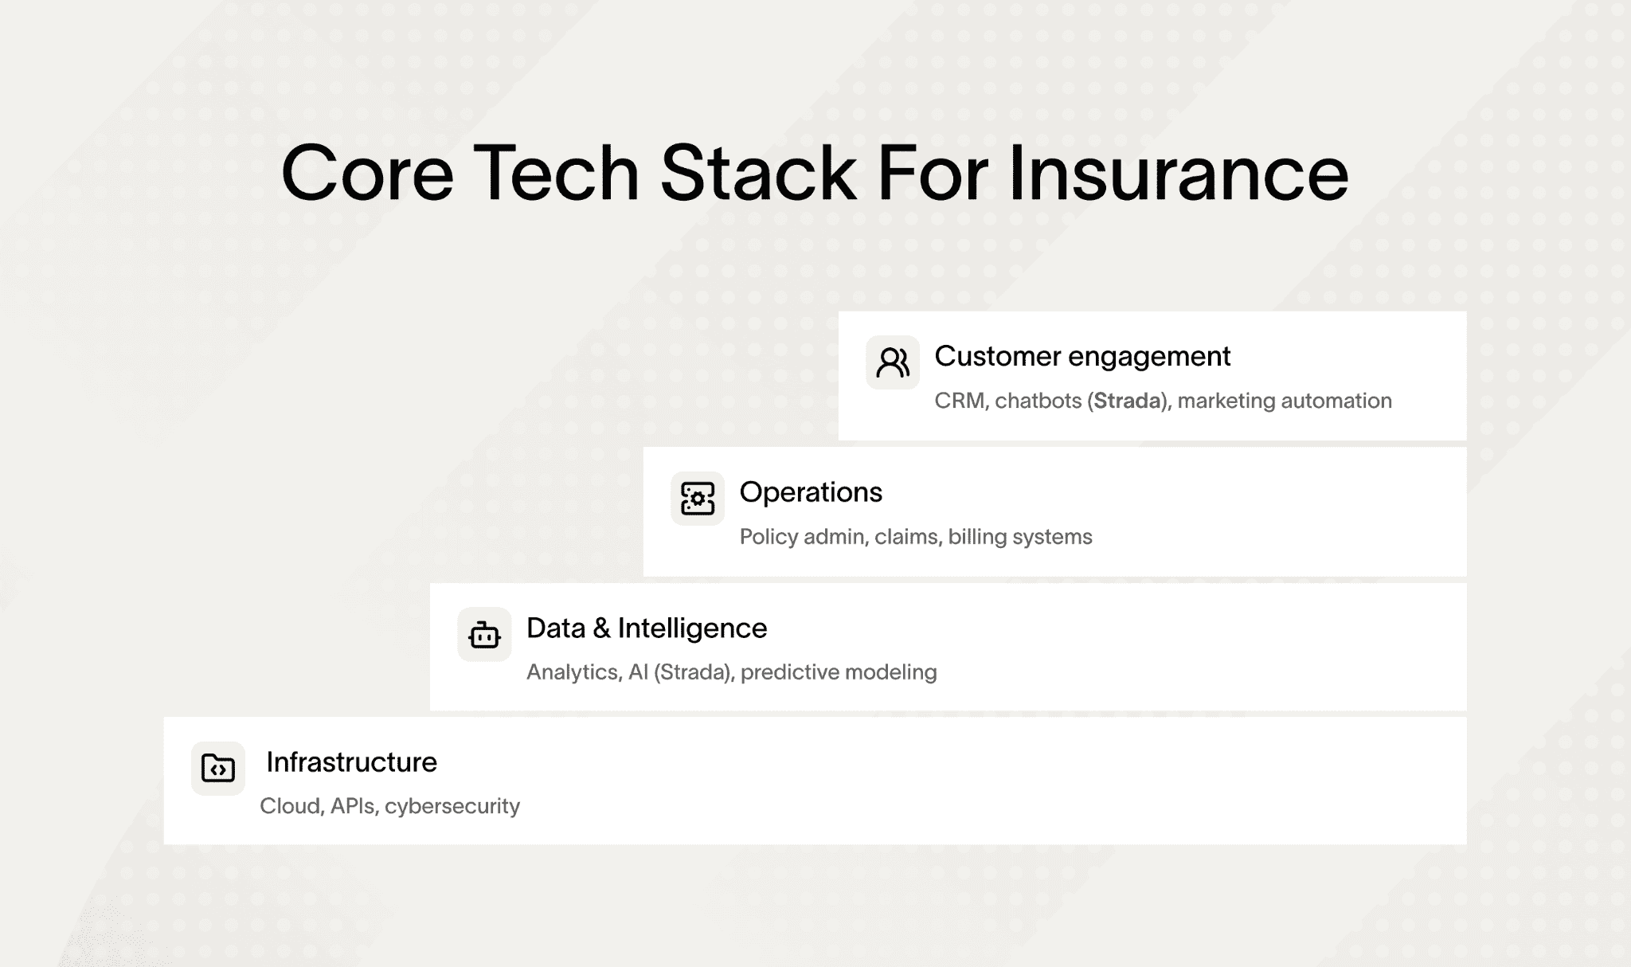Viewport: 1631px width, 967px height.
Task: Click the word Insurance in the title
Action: point(1179,173)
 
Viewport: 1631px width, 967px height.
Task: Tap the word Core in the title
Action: point(368,173)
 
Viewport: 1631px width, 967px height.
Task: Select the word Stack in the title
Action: point(758,173)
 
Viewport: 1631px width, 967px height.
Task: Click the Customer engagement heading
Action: point(1082,357)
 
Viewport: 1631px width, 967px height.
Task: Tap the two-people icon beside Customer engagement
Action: point(893,362)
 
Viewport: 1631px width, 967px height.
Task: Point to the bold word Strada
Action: point(1127,400)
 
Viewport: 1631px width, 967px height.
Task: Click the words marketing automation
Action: point(1285,401)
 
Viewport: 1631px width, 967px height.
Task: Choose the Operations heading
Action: point(811,492)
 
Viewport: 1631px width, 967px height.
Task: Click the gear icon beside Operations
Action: point(698,499)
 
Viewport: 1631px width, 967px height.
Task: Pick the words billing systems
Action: point(1020,537)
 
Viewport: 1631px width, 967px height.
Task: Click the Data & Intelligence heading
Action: point(647,628)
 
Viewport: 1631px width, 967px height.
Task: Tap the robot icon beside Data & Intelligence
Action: point(484,635)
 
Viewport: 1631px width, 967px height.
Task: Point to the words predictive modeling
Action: point(839,672)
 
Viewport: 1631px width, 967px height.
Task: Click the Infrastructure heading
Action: point(351,762)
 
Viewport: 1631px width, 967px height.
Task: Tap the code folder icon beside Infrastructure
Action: point(218,769)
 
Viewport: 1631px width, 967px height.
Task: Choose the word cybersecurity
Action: point(452,806)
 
